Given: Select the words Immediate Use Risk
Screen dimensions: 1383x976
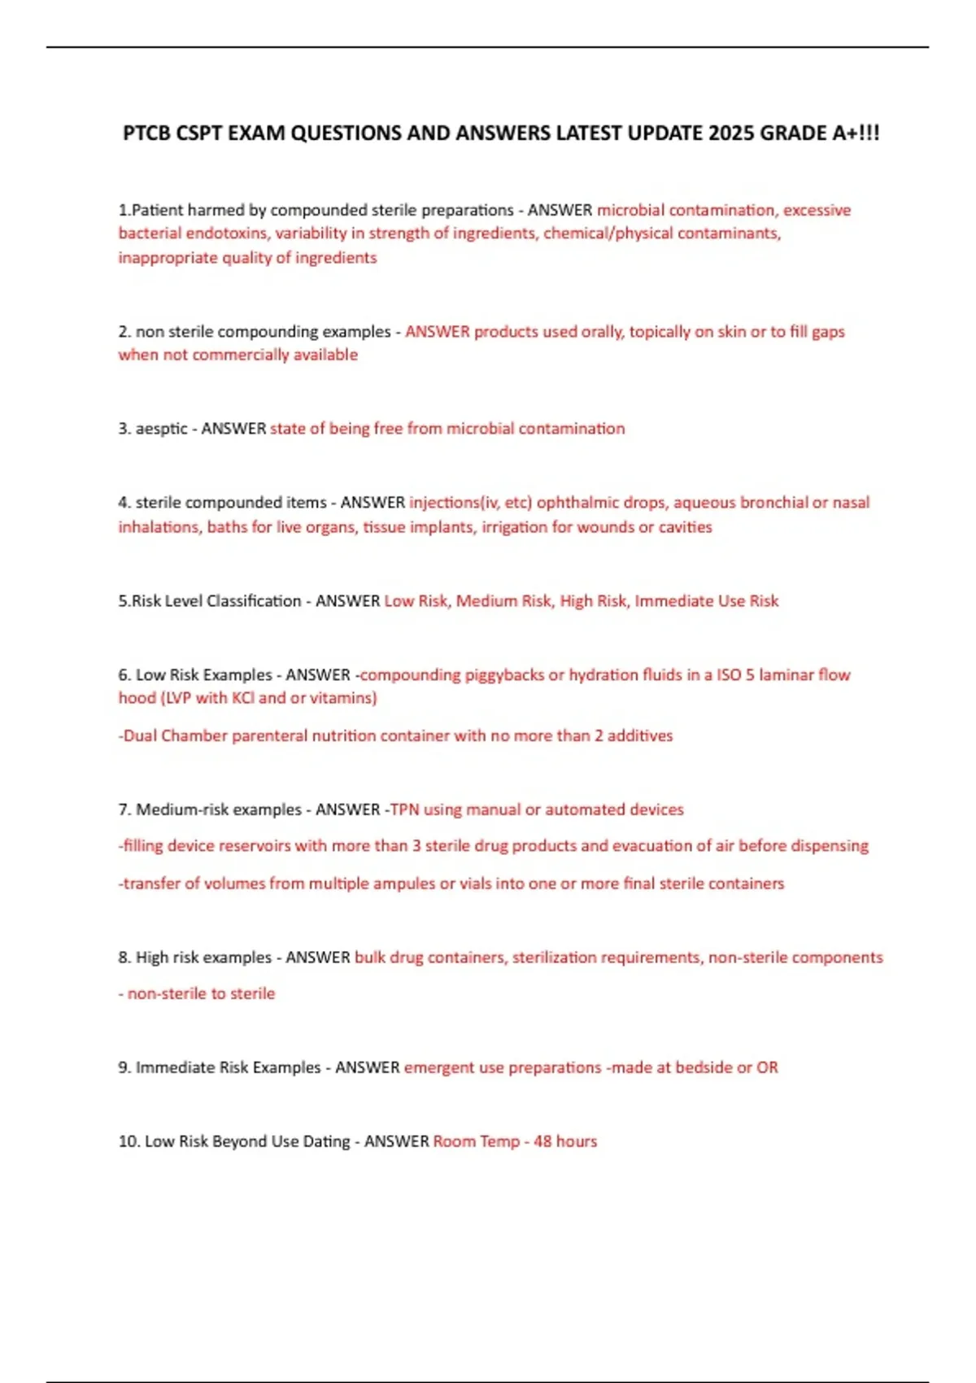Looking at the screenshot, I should point(706,601).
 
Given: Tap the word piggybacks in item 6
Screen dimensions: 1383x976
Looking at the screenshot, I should point(504,675).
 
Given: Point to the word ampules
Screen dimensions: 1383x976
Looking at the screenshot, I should point(404,883).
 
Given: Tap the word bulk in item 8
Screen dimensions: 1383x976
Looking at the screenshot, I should point(370,958).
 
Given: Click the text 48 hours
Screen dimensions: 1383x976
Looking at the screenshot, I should point(565,1141).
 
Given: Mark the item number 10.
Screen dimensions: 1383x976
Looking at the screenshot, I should point(129,1141).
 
